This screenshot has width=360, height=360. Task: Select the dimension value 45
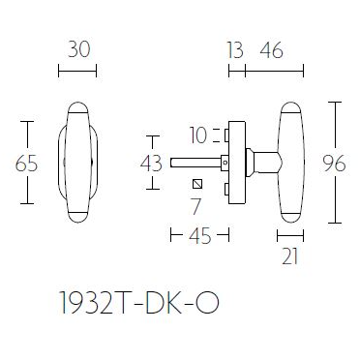click(199, 233)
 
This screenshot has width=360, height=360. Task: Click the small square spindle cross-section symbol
click(197, 184)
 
